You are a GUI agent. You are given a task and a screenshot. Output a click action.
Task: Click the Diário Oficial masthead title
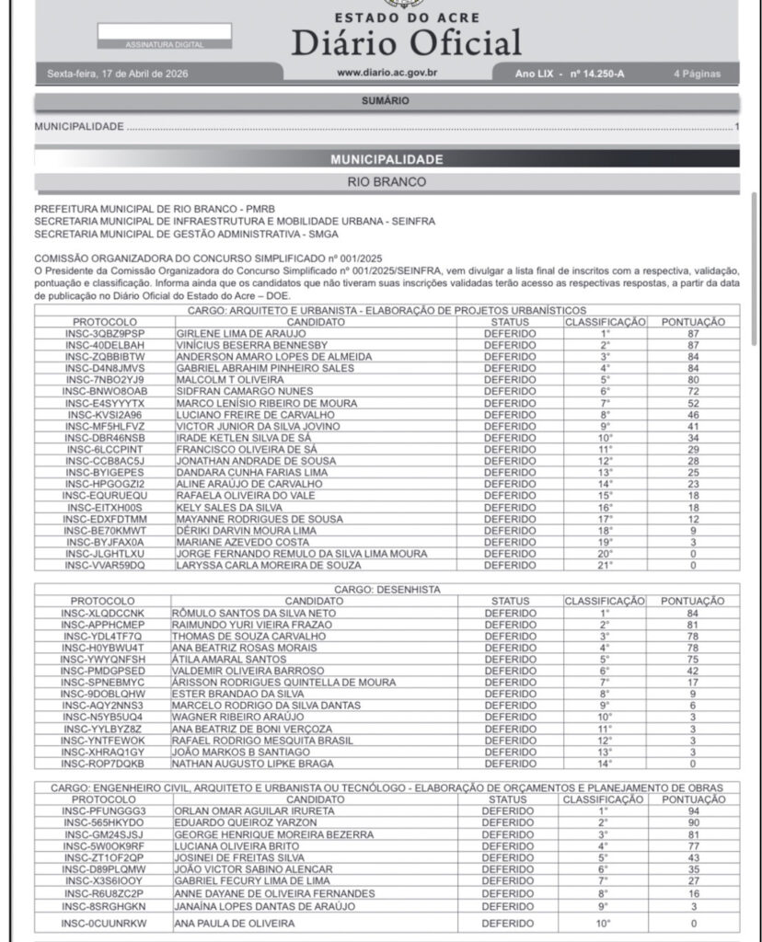pos(407,41)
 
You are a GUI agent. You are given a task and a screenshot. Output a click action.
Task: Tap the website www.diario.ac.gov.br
pos(386,74)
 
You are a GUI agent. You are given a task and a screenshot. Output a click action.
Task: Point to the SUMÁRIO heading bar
pos(386,101)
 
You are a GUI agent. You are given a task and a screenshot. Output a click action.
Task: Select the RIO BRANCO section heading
pos(386,182)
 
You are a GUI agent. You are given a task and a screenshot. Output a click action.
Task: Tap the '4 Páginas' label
pos(697,74)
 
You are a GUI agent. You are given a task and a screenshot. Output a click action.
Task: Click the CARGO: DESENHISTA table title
pos(386,589)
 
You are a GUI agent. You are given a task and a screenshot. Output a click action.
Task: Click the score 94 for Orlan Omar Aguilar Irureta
pos(693,811)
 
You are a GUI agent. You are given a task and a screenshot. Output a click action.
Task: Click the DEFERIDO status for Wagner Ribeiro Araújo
pos(509,717)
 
